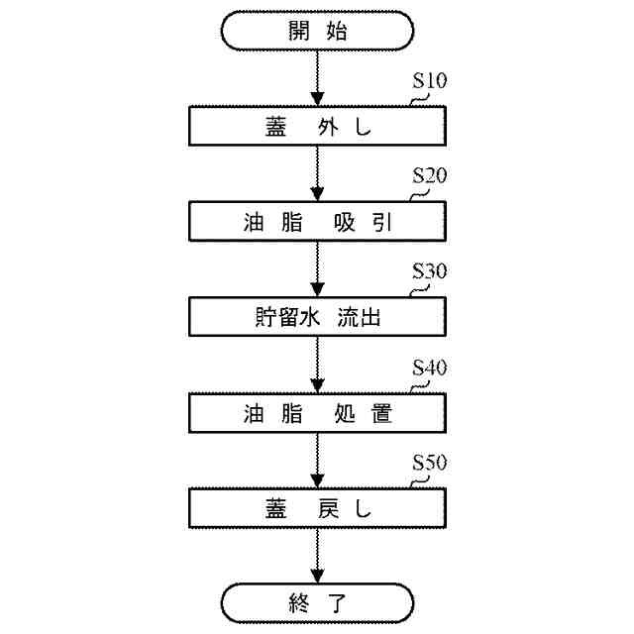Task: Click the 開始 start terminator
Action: coord(317,31)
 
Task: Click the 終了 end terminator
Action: coord(317,601)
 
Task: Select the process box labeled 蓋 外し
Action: coord(317,127)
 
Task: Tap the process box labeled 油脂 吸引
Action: coord(317,222)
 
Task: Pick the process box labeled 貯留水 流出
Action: coord(317,318)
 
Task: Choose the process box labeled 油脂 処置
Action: coord(317,413)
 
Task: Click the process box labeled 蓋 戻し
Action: coord(317,509)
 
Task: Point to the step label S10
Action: coord(429,81)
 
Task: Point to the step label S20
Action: coord(429,176)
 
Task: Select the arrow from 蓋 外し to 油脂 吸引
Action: coord(317,173)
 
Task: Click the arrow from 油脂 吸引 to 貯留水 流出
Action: coord(317,269)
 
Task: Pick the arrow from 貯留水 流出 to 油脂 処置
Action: coord(317,365)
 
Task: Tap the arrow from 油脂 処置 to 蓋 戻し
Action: coord(317,461)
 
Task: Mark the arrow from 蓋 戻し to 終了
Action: coord(317,555)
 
